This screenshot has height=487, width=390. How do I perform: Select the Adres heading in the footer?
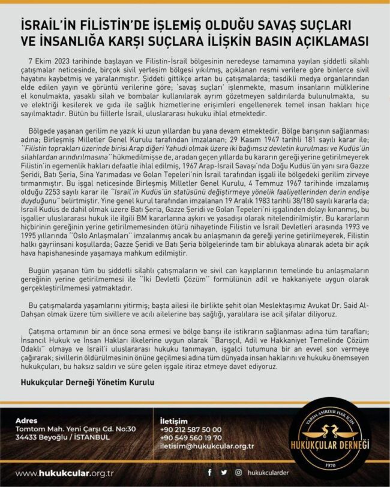[26, 420]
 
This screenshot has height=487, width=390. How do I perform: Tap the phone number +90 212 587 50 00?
[191, 429]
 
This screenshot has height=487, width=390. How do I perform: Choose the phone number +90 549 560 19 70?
[191, 437]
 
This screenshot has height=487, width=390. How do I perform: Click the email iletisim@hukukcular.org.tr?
[208, 446]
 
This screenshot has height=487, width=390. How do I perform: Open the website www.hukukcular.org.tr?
[65, 473]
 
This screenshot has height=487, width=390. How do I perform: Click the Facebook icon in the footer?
[210, 472]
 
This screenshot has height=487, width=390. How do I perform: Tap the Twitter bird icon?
[224, 472]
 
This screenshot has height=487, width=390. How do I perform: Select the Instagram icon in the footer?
[239, 472]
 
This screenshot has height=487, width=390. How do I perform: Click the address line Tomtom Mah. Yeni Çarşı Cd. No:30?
[76, 429]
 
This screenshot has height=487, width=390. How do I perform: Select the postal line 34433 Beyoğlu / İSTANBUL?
[62, 437]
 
